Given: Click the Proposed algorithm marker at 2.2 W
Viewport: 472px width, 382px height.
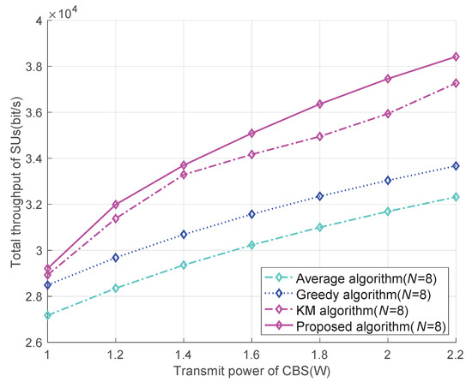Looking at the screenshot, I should (456, 57).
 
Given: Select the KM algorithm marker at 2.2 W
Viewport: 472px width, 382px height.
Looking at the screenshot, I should (456, 83).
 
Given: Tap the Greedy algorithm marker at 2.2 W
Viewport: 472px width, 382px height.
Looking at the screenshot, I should (456, 166).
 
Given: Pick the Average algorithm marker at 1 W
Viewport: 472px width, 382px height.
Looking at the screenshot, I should (48, 315).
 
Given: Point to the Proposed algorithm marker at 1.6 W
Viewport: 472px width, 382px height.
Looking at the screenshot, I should (251, 133).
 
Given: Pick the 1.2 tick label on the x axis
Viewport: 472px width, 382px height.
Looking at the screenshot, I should (116, 355).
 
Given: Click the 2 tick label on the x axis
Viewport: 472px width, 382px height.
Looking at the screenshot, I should (388, 355).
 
